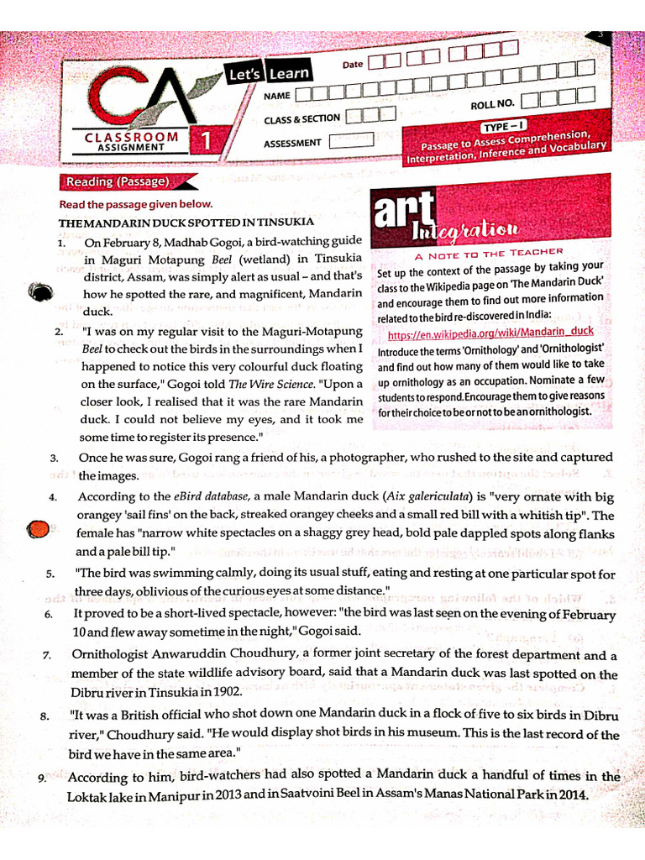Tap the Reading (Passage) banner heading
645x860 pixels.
[118, 182]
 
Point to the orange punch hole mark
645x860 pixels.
[38, 530]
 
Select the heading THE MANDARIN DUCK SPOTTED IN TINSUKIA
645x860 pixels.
[186, 222]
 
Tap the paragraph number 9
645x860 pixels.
[42, 779]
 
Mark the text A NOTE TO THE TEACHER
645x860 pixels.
[489, 252]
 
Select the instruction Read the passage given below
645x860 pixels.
[136, 204]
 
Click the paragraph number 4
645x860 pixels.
[52, 497]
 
